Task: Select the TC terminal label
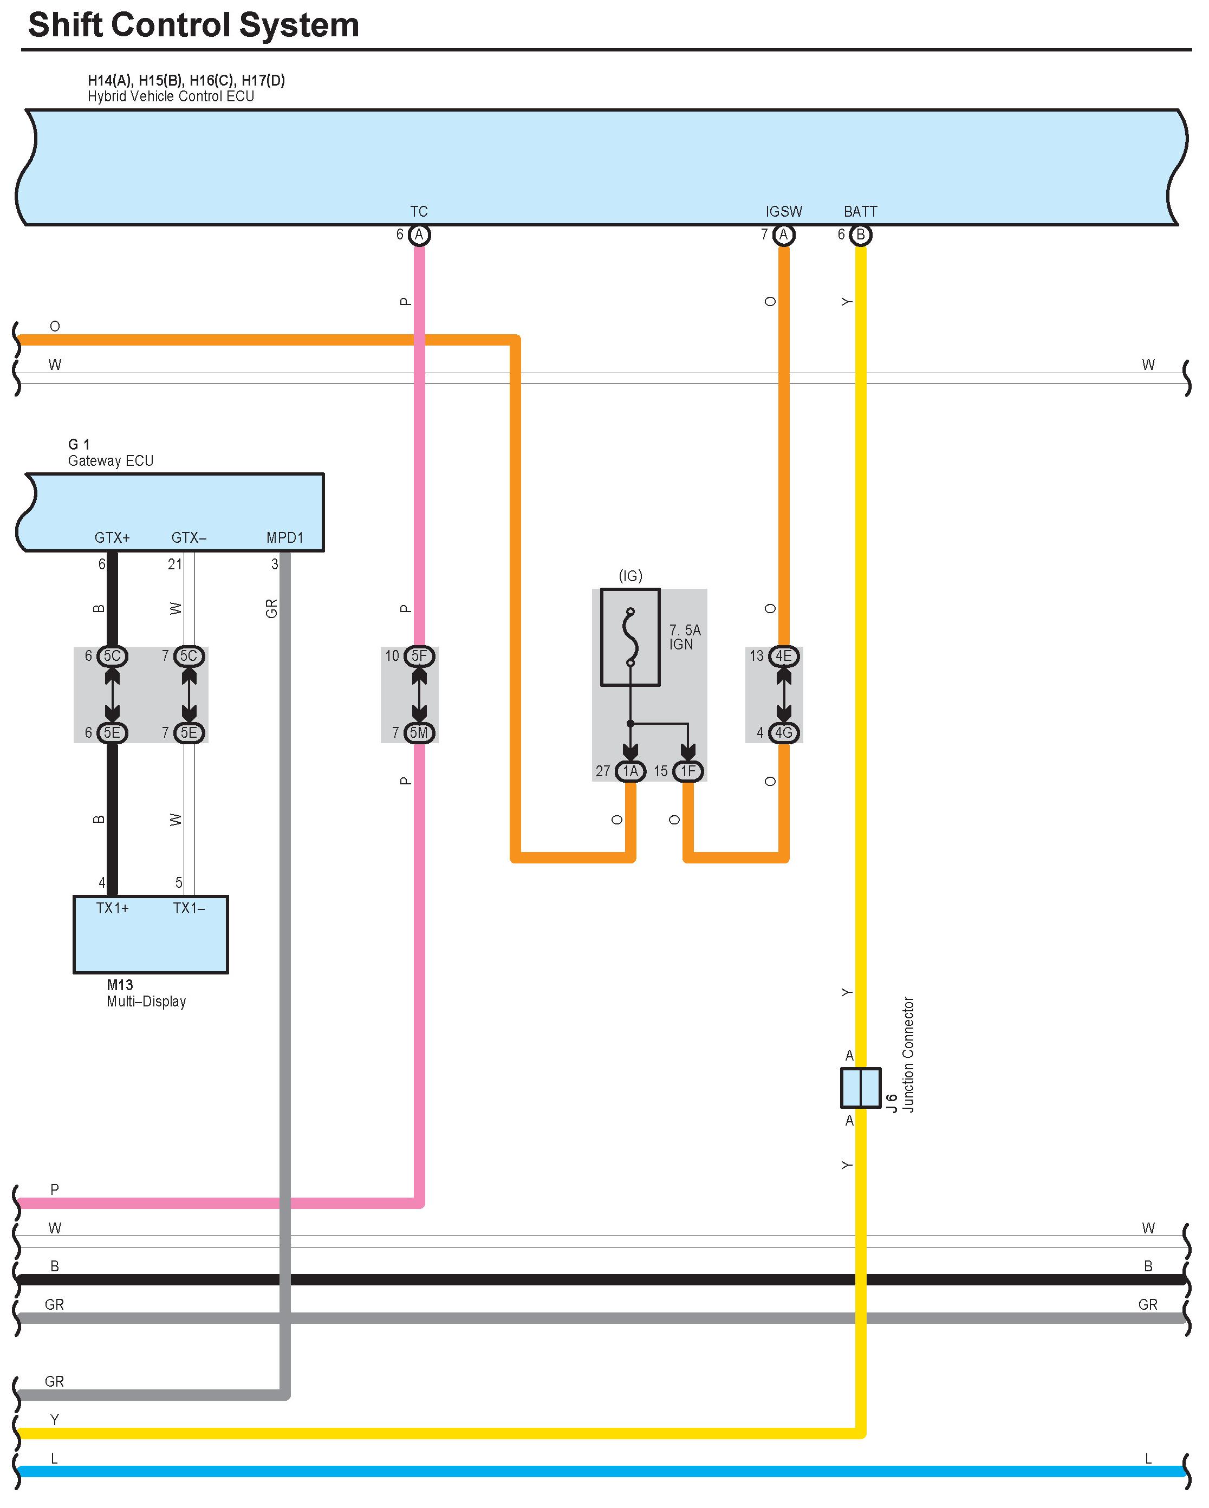(419, 211)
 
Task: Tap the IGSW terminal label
(783, 211)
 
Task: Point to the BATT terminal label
(860, 211)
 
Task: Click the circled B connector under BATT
(861, 235)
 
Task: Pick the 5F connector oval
(419, 656)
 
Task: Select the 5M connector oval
(419, 732)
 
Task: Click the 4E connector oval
(784, 656)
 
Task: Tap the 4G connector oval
(784, 732)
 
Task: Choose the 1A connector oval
(630, 771)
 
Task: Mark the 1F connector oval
(688, 771)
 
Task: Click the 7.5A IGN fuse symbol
(630, 637)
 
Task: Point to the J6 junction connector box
(860, 1088)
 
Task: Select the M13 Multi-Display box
(151, 934)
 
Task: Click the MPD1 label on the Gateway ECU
(284, 538)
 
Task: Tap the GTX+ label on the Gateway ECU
(112, 538)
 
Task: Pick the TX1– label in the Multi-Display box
(189, 908)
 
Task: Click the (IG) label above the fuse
(630, 576)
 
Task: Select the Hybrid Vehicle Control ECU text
(171, 96)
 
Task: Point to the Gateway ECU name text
(110, 461)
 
